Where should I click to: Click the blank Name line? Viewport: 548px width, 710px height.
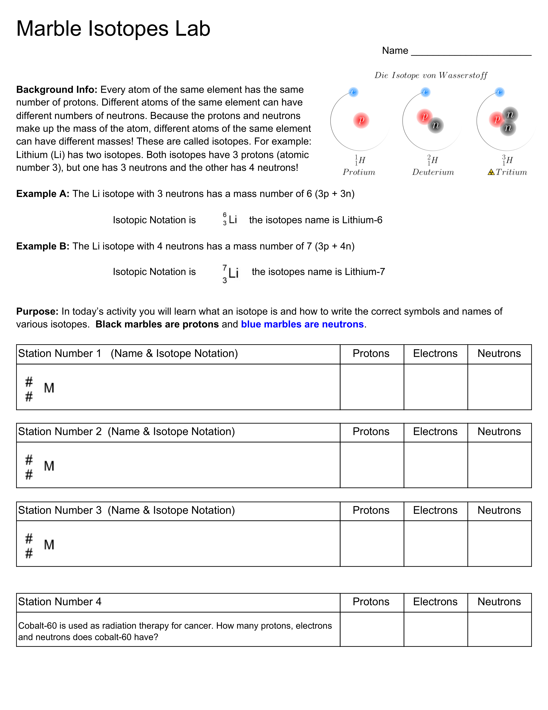[x=471, y=52]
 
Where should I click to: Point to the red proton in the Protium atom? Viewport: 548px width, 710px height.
[x=361, y=120]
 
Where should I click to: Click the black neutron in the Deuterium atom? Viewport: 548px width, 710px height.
[x=435, y=125]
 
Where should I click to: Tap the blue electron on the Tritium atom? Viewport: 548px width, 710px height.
[x=500, y=92]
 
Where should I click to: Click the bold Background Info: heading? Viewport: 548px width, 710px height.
[x=57, y=90]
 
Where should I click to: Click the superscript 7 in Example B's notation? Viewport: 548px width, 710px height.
[x=225, y=268]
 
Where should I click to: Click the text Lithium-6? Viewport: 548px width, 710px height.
[x=362, y=220]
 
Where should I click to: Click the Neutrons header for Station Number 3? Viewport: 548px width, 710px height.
[x=499, y=510]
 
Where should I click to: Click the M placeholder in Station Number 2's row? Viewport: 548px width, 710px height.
[x=49, y=466]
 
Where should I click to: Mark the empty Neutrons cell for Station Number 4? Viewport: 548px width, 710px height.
[x=499, y=629]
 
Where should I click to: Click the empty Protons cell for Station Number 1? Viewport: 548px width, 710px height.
[x=372, y=387]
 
